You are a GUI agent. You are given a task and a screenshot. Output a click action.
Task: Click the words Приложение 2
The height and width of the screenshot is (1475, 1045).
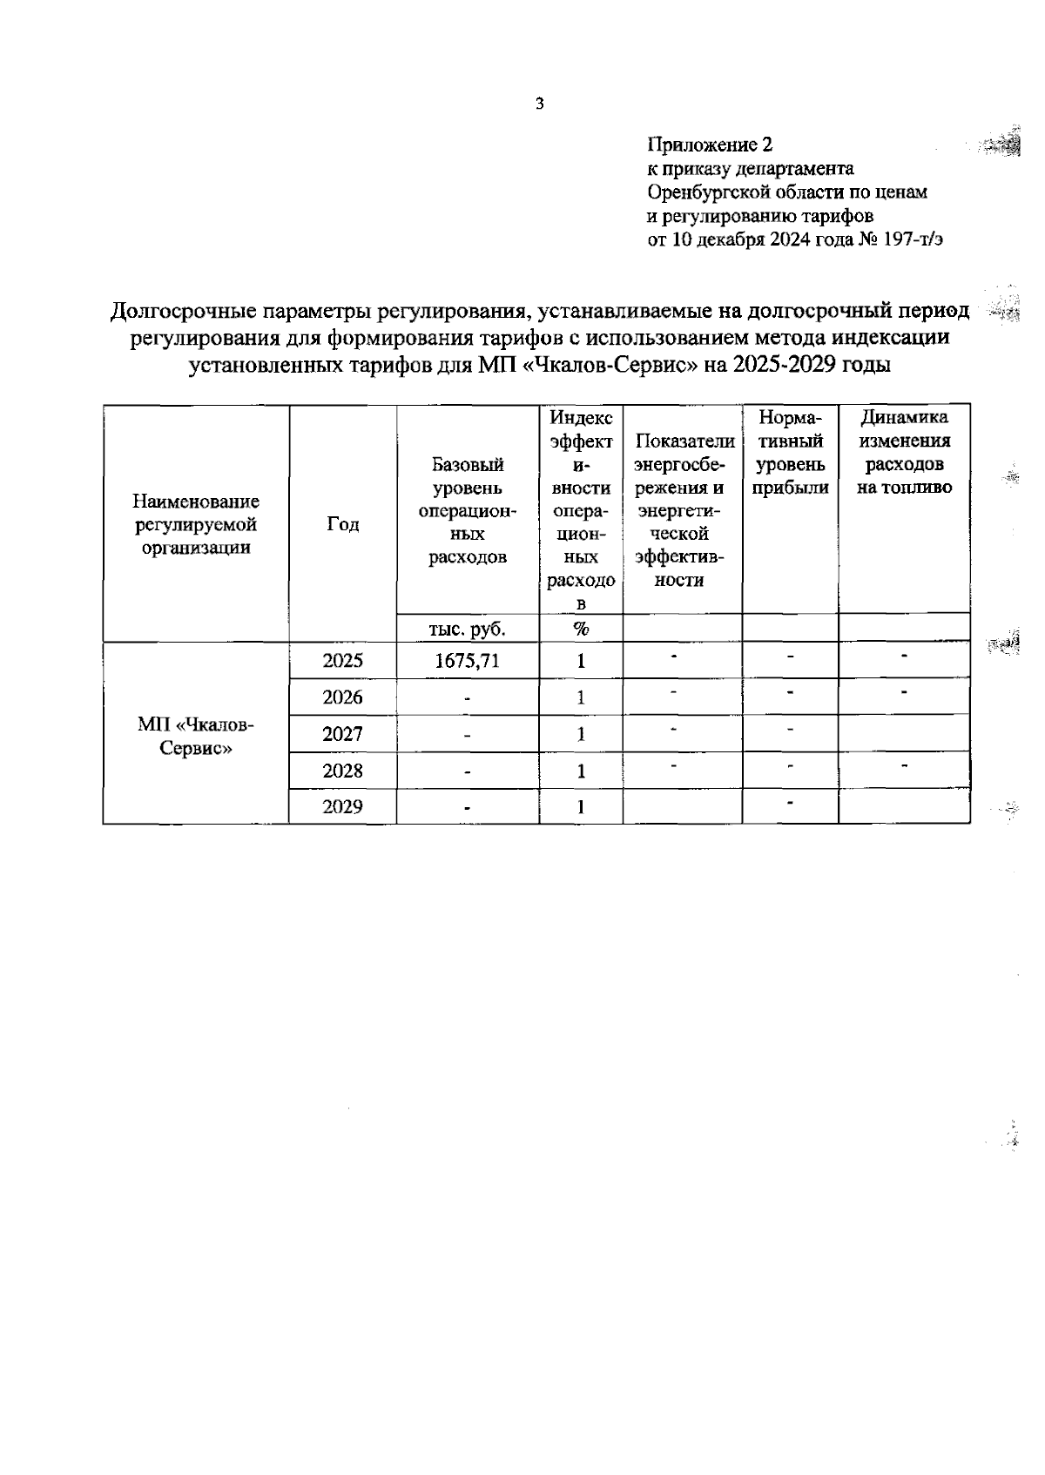710,144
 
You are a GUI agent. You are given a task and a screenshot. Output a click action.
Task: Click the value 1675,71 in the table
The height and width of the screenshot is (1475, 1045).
468,661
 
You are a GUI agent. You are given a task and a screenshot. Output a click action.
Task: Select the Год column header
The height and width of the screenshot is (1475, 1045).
342,524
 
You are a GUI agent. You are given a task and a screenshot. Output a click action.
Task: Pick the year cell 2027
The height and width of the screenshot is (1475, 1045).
342,734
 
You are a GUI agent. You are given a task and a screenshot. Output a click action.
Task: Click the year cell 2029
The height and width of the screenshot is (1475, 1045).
342,806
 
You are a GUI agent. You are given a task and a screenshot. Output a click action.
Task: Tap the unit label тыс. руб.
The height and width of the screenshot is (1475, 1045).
468,629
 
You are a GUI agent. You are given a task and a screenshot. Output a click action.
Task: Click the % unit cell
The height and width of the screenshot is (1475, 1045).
581,629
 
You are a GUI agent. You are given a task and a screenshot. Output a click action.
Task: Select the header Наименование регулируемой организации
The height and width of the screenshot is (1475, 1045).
196,524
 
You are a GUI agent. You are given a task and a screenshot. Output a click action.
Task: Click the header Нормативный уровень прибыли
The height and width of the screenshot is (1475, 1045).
790,453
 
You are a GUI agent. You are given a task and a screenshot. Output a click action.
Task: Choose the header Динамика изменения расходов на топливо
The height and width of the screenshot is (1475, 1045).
904,453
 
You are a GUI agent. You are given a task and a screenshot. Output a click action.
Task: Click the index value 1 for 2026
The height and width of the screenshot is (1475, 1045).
581,697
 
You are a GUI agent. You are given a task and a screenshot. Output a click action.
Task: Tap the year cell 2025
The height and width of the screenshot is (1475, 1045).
342,661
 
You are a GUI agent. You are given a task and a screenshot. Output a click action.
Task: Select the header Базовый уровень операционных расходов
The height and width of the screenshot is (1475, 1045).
468,511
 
